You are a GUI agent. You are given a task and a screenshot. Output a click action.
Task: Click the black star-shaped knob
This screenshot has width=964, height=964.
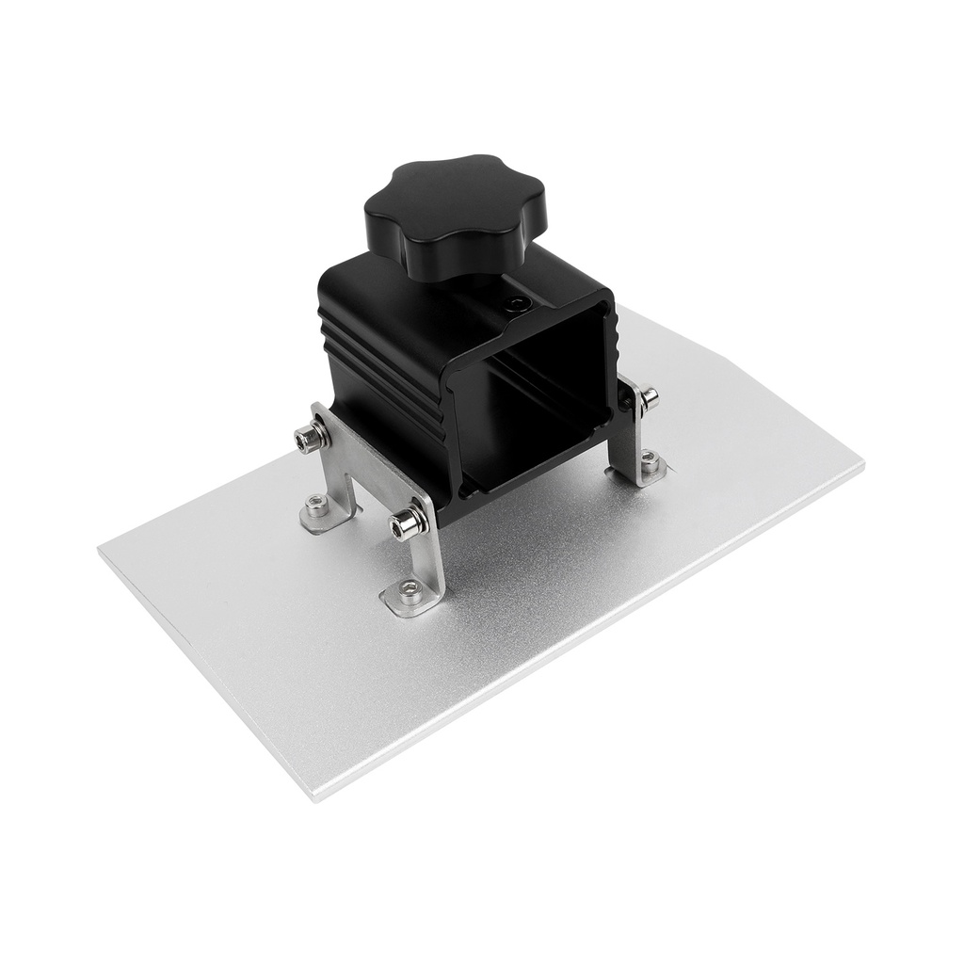click(455, 216)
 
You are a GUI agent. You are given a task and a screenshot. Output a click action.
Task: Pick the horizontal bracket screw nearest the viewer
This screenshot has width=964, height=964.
click(406, 522)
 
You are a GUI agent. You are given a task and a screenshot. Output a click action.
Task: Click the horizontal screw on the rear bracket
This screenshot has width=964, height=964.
click(648, 399)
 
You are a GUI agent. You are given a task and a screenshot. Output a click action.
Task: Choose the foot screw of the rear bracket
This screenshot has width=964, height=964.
click(650, 461)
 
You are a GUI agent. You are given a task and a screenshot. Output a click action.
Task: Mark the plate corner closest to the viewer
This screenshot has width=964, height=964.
click(315, 798)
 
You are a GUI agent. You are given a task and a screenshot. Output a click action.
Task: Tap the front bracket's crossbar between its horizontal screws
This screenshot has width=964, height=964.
click(362, 471)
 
